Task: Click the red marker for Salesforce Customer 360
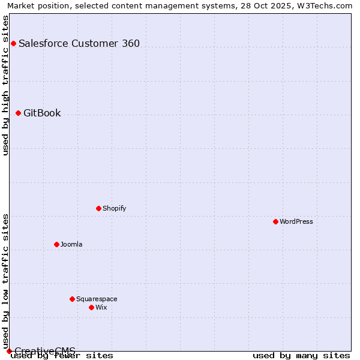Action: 13,43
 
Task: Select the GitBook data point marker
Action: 18,113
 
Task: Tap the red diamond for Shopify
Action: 98,208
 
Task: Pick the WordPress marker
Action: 275,221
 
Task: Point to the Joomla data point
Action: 56,244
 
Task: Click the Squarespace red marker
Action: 72,299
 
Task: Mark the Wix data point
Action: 91,307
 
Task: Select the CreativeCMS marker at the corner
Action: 9,351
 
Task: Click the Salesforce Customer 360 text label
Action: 79,43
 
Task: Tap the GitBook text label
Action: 42,113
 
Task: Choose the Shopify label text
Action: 114,208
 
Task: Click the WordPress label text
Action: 296,221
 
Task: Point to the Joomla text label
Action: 71,244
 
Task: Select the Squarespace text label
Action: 97,299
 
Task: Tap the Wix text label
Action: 101,307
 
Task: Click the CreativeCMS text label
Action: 45,350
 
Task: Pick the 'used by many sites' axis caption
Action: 301,355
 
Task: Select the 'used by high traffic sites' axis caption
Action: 6,85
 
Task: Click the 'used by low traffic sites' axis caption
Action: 6,281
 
